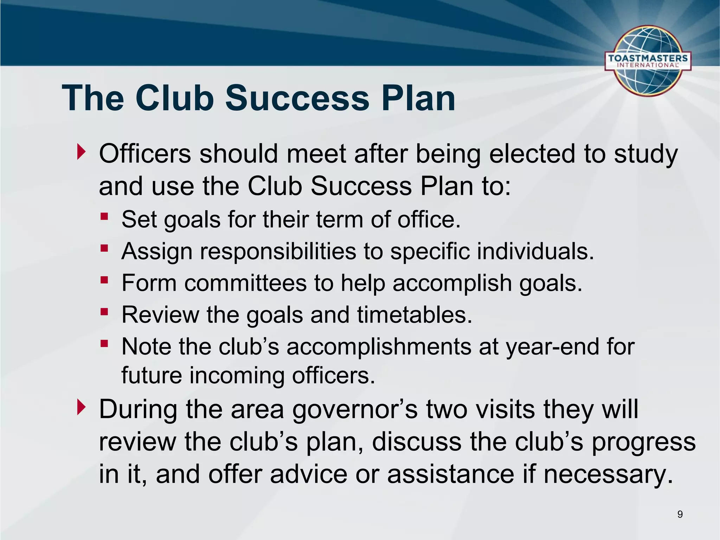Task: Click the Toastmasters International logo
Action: coord(648,61)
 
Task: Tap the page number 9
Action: coord(680,514)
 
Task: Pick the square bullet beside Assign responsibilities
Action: coord(104,248)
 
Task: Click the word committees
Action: coord(245,283)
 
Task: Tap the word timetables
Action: coord(414,315)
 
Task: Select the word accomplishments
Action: coord(379,347)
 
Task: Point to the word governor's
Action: coord(355,410)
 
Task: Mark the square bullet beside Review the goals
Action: coord(104,311)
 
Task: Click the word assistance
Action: coord(451,474)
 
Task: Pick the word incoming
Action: coord(237,375)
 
